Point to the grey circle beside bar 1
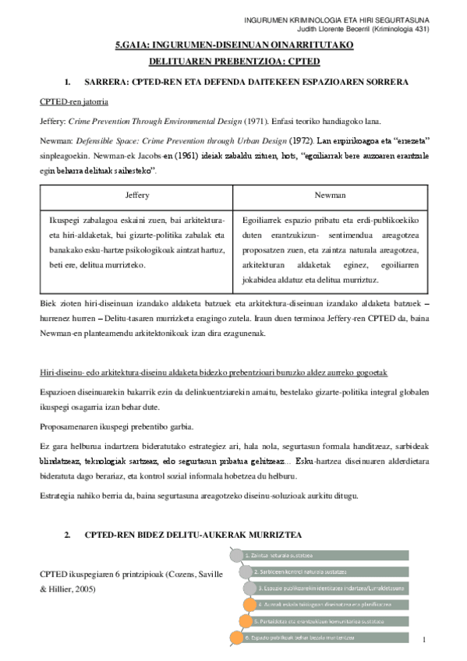pyautogui.click(x=235, y=555)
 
